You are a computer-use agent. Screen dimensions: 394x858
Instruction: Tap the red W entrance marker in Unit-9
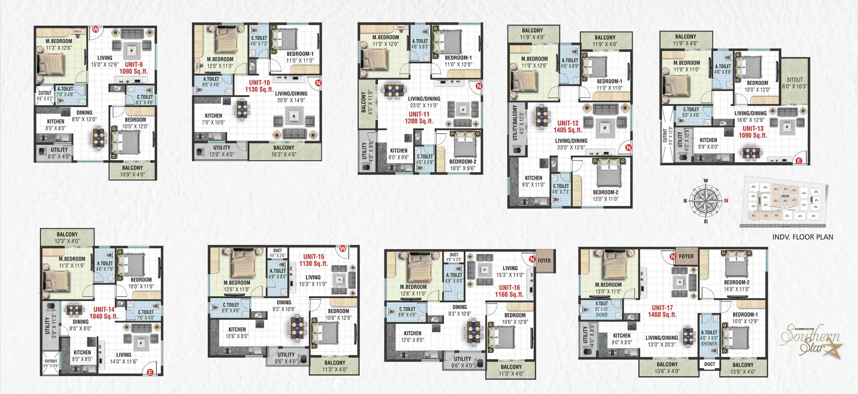pyautogui.click(x=96, y=29)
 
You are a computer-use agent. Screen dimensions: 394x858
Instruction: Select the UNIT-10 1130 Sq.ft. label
pyautogui.click(x=259, y=86)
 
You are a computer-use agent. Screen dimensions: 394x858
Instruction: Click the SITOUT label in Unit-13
pyautogui.click(x=794, y=83)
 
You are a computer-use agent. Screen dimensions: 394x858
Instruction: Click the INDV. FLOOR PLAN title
pyautogui.click(x=803, y=237)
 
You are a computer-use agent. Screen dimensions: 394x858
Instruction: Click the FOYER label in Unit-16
pyautogui.click(x=544, y=261)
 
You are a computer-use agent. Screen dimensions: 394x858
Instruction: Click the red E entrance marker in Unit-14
pyautogui.click(x=150, y=372)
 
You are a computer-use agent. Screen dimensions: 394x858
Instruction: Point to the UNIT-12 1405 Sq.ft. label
pyautogui.click(x=568, y=126)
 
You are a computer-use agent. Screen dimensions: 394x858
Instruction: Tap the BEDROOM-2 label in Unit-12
pyautogui.click(x=605, y=196)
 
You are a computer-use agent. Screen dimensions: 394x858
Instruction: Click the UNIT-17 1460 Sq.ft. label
pyautogui.click(x=662, y=311)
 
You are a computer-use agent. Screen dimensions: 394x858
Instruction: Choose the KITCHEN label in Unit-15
pyautogui.click(x=237, y=333)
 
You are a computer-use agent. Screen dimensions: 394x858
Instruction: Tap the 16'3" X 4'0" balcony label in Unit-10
pyautogui.click(x=284, y=151)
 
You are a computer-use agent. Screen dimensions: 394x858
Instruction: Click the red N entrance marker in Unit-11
pyautogui.click(x=479, y=86)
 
